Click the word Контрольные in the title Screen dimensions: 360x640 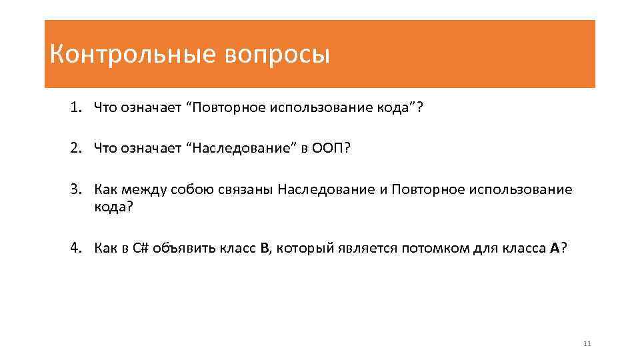tap(132, 55)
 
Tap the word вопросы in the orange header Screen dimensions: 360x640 tap(277, 55)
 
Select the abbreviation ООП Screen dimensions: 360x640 tap(329, 147)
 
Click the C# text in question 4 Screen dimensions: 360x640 tap(141, 248)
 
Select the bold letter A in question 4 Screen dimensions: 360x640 tap(555, 248)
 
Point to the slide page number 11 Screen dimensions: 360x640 tap(587, 344)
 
